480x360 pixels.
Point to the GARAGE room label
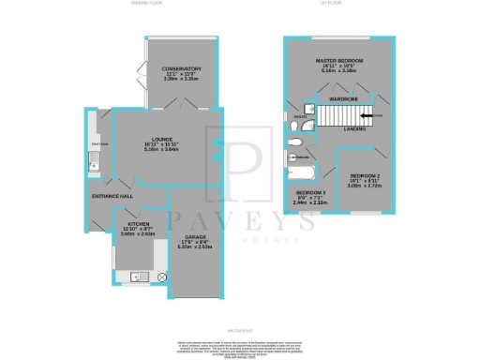195,238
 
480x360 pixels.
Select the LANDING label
354,129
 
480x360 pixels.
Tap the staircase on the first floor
342,115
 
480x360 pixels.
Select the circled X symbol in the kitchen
161,277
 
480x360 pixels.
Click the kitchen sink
137,276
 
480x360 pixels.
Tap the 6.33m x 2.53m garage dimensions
195,248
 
